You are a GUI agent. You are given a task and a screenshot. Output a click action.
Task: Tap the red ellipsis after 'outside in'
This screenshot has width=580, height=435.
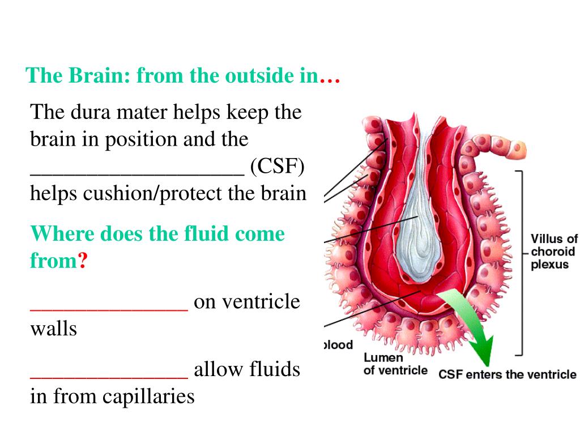pyautogui.click(x=329, y=77)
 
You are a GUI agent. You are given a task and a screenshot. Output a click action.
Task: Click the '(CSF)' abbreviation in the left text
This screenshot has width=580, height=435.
pyautogui.click(x=277, y=167)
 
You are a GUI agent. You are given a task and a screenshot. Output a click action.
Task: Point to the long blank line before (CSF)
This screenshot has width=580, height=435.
pyautogui.click(x=137, y=173)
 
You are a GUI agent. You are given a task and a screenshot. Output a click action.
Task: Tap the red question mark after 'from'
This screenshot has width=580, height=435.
pyautogui.click(x=82, y=261)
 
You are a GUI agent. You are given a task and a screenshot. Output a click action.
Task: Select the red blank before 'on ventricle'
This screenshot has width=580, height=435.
pyautogui.click(x=108, y=309)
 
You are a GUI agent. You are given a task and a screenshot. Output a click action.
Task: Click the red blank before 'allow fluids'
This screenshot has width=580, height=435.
pyautogui.click(x=108, y=377)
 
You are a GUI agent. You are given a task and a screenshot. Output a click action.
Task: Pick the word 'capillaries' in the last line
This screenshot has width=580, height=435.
pyautogui.click(x=148, y=396)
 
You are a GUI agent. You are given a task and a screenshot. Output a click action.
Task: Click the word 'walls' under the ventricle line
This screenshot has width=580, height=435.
pyautogui.click(x=53, y=329)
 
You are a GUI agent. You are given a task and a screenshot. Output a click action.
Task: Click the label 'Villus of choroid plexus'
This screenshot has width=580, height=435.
pyautogui.click(x=553, y=252)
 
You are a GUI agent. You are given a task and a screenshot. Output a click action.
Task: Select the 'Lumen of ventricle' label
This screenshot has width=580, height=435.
pyautogui.click(x=395, y=364)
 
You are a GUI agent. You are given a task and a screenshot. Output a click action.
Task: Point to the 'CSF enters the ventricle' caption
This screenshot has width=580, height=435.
pyautogui.click(x=507, y=374)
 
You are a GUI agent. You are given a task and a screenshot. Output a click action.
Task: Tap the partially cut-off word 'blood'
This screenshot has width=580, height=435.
pyautogui.click(x=338, y=345)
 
